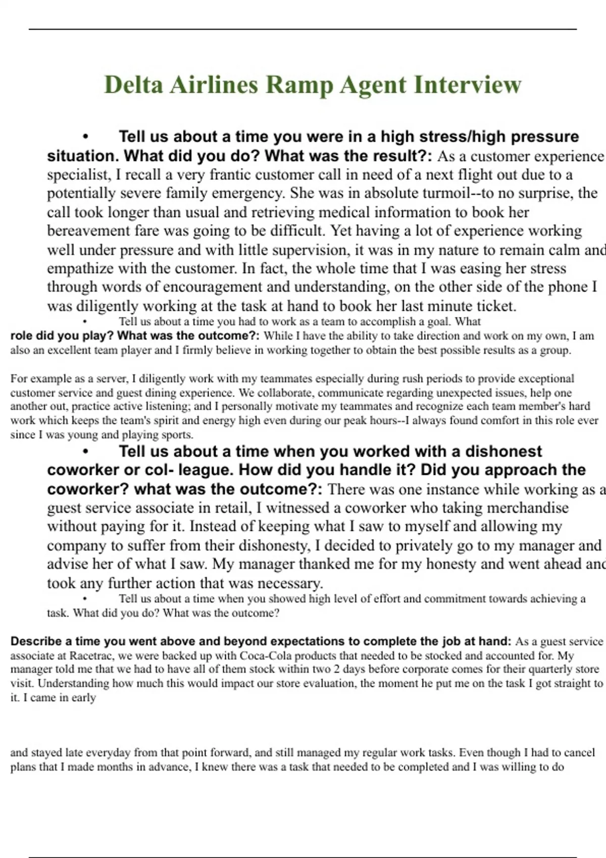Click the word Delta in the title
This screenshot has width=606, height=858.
pos(134,85)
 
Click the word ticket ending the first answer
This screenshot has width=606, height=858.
pos(495,306)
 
